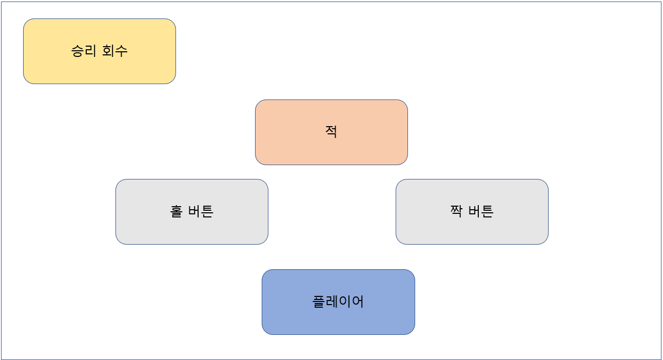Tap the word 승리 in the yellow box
tap(84, 51)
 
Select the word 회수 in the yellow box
tap(114, 51)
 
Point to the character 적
tap(331, 132)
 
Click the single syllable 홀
tap(176, 211)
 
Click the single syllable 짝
tap(456, 211)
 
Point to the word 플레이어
tap(338, 302)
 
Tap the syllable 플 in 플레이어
tap(319, 302)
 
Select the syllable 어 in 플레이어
tap(358, 302)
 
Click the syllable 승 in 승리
tap(77, 51)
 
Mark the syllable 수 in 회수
tap(121, 51)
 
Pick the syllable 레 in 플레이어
tap(331, 302)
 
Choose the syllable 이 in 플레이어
tap(345, 302)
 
